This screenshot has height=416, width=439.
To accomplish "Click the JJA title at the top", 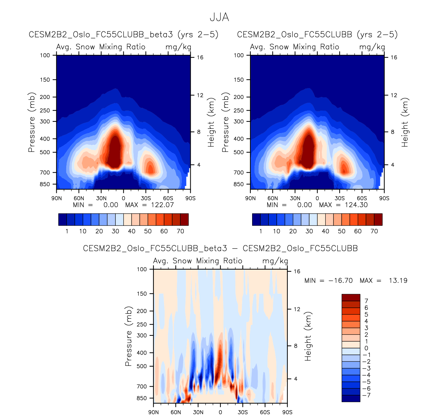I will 219,17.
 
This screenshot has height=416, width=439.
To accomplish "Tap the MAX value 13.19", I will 398,281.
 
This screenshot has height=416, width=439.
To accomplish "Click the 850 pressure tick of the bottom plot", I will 141,398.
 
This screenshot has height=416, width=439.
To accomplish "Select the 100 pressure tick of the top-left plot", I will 45,55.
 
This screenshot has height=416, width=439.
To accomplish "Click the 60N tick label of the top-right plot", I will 273,198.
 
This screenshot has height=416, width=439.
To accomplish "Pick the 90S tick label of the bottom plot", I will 287,412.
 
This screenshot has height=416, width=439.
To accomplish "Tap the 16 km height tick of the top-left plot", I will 200,57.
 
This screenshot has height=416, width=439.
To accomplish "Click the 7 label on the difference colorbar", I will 366,301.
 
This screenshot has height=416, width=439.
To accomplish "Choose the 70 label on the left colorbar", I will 180,231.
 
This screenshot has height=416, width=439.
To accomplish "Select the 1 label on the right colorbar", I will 261,231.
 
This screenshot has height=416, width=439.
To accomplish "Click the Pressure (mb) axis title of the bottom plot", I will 128,336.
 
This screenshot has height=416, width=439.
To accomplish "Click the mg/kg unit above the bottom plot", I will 275,261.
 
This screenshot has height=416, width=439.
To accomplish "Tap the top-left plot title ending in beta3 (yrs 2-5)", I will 124,34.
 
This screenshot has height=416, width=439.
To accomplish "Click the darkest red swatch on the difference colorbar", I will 351,298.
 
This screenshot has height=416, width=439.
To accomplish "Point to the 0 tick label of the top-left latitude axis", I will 123,198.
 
